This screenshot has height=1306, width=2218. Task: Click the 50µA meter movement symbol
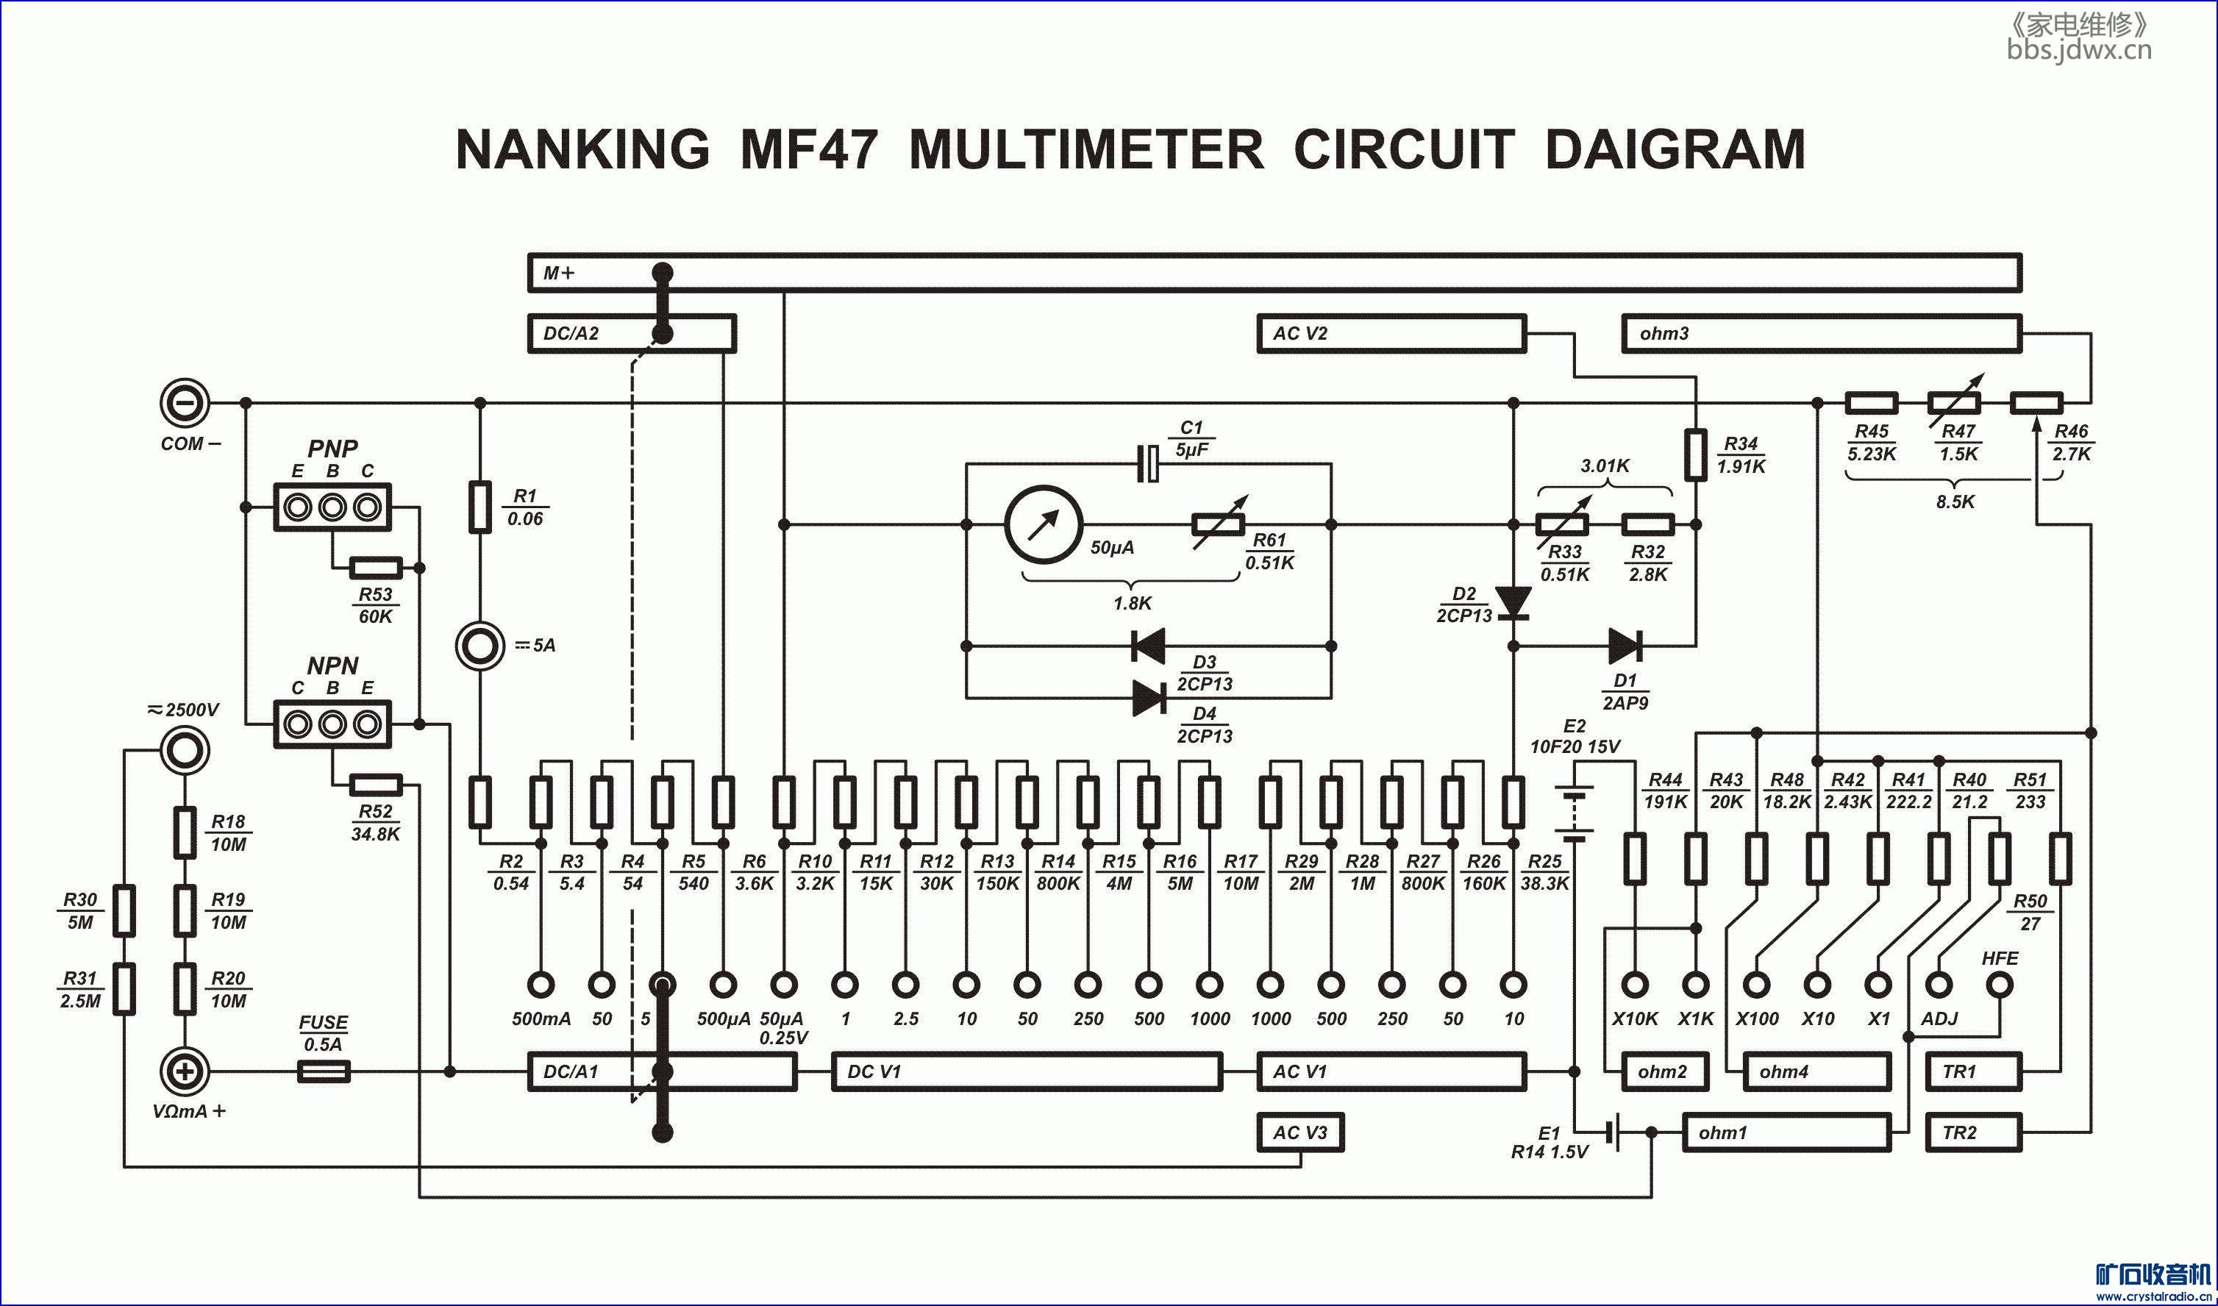pyautogui.click(x=1044, y=524)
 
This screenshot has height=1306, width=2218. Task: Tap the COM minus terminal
pyautogui.click(x=185, y=403)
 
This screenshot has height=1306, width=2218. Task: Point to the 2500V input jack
pyautogui.click(x=185, y=751)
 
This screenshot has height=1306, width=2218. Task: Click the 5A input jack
pyautogui.click(x=479, y=646)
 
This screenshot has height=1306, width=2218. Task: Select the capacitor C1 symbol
pyautogui.click(x=1149, y=464)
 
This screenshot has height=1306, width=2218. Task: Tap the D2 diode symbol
pyautogui.click(x=1514, y=603)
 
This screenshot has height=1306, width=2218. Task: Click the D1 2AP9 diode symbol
pyautogui.click(x=1624, y=646)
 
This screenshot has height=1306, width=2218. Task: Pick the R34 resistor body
pyautogui.click(x=1696, y=455)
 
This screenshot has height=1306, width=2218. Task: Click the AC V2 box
pyautogui.click(x=1391, y=334)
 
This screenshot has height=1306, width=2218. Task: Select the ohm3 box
pyautogui.click(x=1821, y=334)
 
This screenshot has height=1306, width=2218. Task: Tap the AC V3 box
pyautogui.click(x=1300, y=1132)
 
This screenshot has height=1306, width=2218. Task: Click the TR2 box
pyautogui.click(x=1973, y=1132)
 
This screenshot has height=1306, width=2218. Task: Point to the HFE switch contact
pyautogui.click(x=2000, y=985)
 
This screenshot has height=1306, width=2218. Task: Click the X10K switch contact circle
pyautogui.click(x=1636, y=985)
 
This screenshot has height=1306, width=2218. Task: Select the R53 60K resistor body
pyautogui.click(x=376, y=568)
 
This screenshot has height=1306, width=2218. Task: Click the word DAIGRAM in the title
pyautogui.click(x=1675, y=149)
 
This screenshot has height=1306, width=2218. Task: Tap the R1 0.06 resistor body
pyautogui.click(x=479, y=507)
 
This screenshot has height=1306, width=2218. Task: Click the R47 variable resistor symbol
pyautogui.click(x=1955, y=403)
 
